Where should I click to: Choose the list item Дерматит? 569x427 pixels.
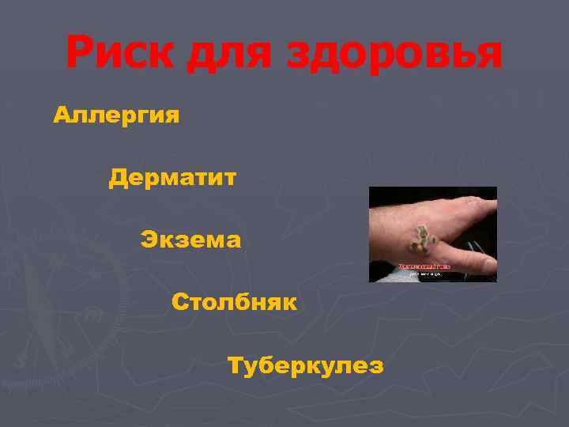(172, 178)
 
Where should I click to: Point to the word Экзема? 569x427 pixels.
(190, 238)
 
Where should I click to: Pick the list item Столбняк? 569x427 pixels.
(233, 301)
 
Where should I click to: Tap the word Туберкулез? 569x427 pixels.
(305, 367)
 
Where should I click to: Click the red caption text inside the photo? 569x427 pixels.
(424, 267)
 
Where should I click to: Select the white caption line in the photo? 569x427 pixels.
(424, 274)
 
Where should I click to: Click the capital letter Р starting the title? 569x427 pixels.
(81, 53)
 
